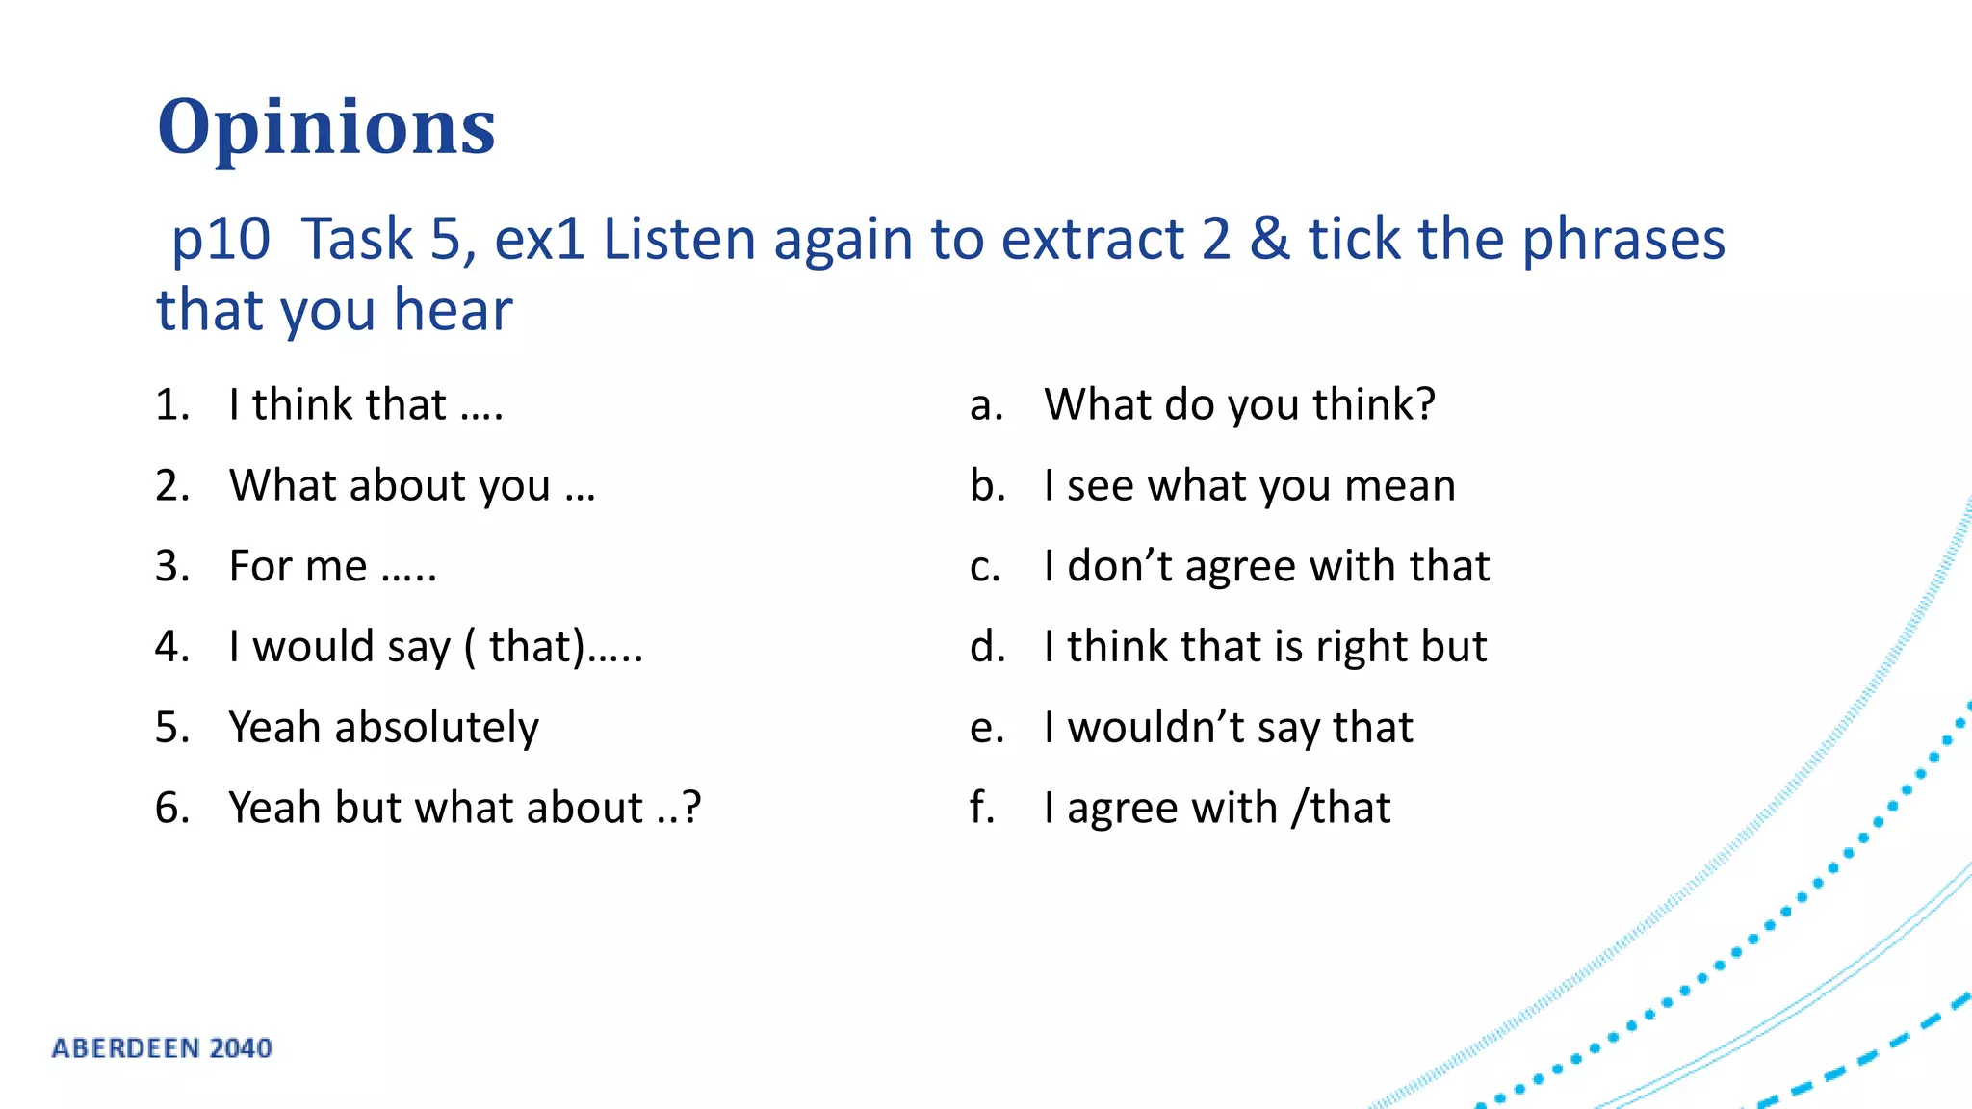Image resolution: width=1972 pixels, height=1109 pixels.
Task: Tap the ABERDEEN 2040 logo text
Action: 162,1047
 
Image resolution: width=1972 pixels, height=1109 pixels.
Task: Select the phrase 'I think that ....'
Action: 366,404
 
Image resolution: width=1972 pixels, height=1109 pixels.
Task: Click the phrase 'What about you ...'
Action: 412,485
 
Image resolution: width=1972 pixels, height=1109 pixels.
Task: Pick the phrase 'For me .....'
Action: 333,566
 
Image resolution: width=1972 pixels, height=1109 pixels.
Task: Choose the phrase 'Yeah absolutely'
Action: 383,728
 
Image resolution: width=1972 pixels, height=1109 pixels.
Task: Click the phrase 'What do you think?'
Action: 1239,404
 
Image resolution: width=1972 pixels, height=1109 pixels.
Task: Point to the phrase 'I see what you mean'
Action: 1249,485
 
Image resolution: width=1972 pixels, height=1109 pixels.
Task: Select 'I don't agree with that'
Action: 1266,566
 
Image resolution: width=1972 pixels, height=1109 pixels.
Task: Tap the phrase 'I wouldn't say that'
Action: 1228,728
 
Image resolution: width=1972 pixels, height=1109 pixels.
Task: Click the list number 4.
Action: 171,647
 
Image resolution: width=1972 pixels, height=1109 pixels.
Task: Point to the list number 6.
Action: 171,808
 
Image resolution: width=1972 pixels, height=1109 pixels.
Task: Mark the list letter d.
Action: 987,647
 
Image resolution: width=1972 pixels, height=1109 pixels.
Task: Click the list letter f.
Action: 981,808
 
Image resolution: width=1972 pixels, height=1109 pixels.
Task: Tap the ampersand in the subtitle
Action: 1269,239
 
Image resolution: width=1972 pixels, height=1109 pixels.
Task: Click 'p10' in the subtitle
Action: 221,239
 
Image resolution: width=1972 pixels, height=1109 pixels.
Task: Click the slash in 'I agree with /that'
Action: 1300,808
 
